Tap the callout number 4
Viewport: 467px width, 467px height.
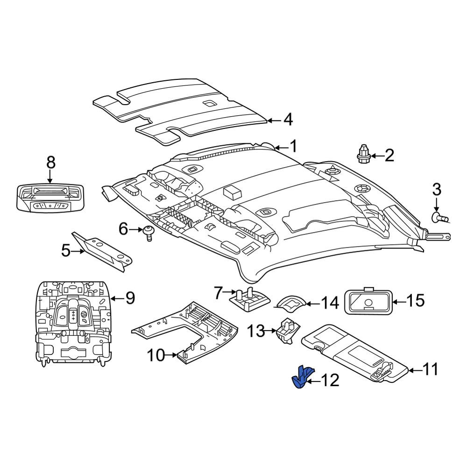click(288, 120)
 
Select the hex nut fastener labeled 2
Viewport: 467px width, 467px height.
click(363, 154)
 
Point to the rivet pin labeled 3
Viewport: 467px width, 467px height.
click(440, 218)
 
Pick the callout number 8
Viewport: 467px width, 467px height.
click(51, 163)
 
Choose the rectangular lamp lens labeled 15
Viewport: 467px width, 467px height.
click(368, 301)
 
